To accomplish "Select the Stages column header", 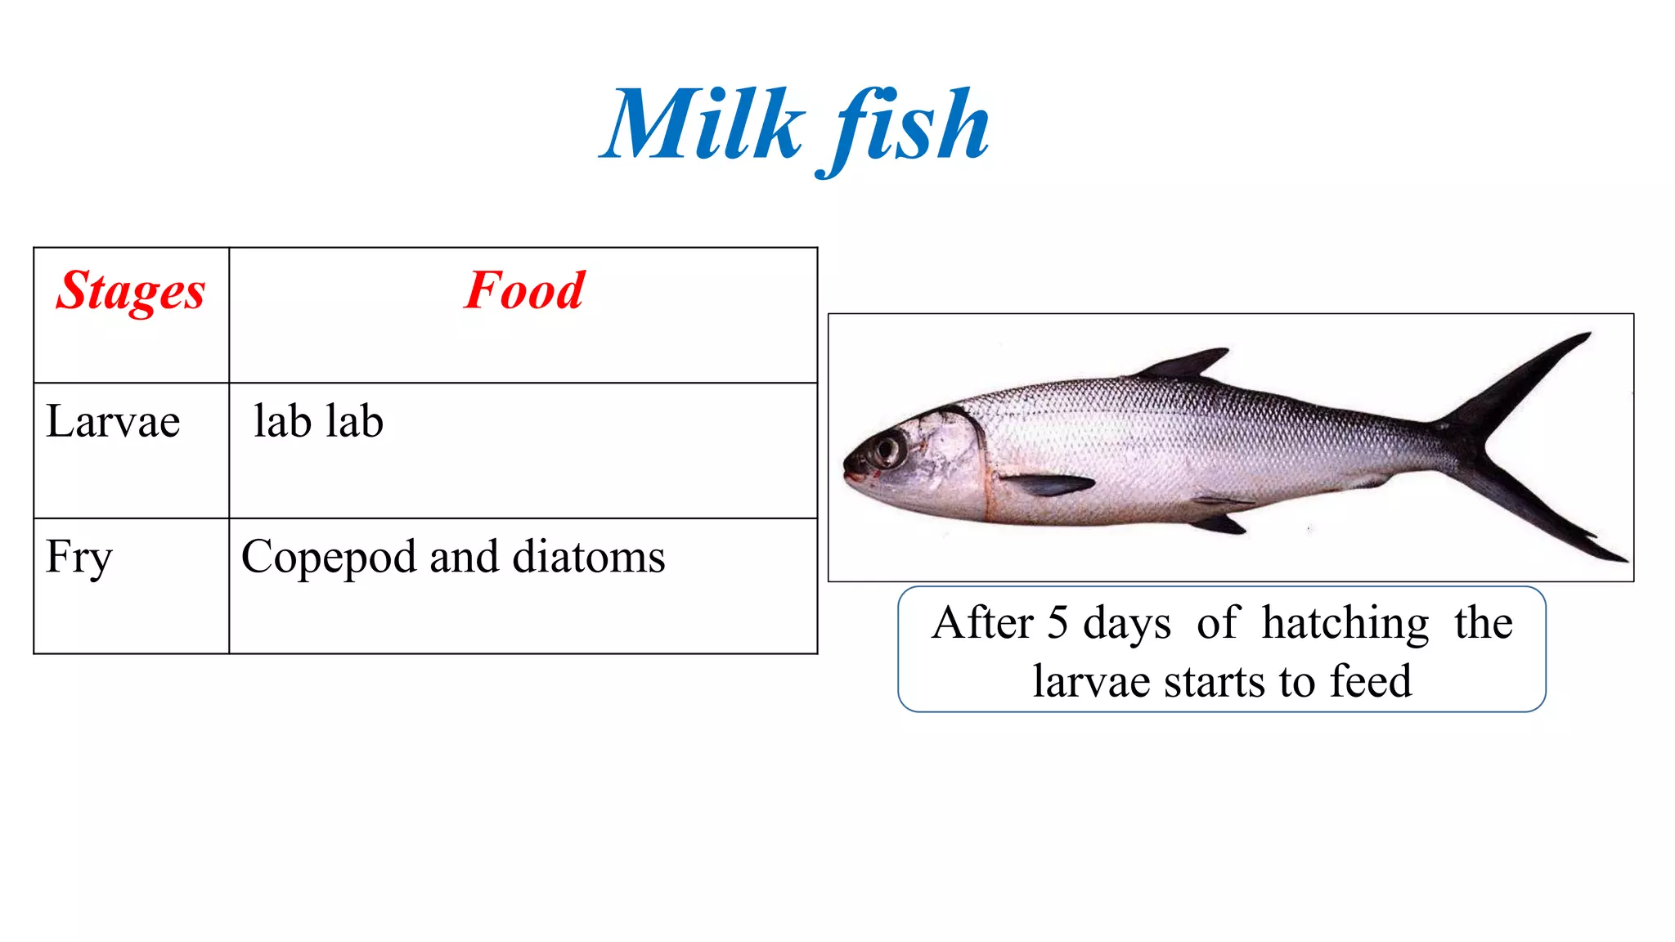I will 130,291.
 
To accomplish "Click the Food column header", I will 524,290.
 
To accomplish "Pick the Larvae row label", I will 113,422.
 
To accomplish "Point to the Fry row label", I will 79,558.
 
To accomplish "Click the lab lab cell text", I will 318,422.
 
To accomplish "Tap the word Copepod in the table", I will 329,558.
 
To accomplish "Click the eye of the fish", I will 887,448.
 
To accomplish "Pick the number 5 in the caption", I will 1058,623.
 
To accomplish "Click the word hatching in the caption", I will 1345,623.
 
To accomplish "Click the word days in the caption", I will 1127,624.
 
